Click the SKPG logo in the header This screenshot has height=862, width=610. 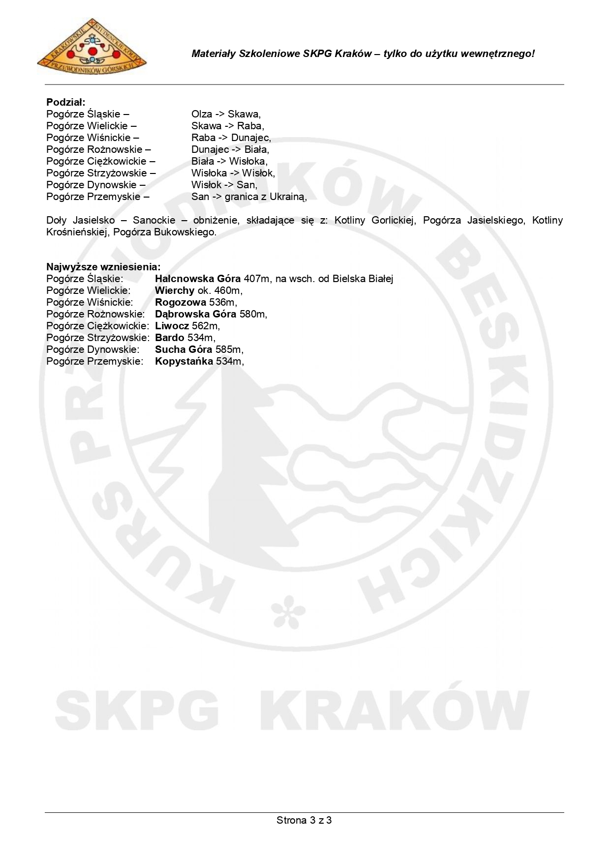(91, 47)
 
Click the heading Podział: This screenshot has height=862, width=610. (66, 102)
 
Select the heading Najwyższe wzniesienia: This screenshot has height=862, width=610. (103, 267)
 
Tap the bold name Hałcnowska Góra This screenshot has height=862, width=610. (198, 279)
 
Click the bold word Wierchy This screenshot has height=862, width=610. (175, 290)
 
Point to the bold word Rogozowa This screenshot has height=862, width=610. (181, 302)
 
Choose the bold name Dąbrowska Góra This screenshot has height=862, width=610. (195, 314)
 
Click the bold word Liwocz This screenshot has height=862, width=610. (172, 326)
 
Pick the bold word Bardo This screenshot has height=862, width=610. (169, 338)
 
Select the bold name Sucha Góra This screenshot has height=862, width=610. (183, 349)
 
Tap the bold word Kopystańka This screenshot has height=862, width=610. (184, 361)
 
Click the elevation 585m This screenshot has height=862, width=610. (229, 349)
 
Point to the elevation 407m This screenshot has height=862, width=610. (257, 279)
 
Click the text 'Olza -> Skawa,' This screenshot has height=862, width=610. (226, 114)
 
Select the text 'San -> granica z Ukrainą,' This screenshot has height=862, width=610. (249, 197)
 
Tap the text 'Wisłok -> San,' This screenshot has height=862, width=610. (224, 185)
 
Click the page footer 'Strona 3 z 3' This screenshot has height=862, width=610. (304, 820)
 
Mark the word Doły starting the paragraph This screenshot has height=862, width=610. (57, 220)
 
